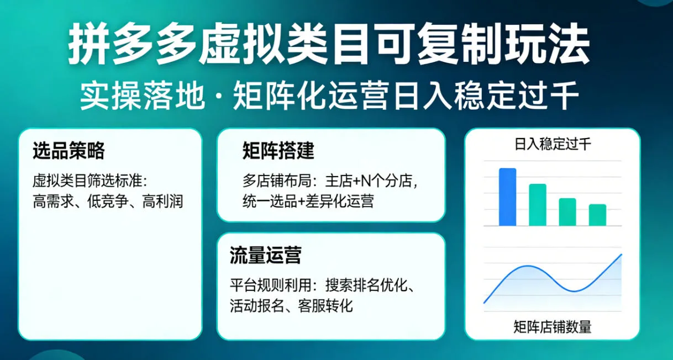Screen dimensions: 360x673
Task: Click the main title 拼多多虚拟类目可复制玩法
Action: click(x=329, y=45)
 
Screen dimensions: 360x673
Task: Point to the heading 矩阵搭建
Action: click(x=278, y=151)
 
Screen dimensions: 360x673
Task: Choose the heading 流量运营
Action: click(x=265, y=256)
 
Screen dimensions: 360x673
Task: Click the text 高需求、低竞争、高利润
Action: click(x=108, y=201)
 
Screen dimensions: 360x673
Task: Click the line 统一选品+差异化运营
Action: click(x=308, y=201)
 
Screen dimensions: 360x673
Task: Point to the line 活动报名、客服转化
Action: click(x=291, y=305)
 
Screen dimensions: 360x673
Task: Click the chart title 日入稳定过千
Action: click(x=553, y=145)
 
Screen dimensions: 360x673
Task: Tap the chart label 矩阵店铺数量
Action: click(x=553, y=327)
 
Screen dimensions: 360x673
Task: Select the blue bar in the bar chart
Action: click(x=507, y=197)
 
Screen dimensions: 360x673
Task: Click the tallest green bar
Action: click(x=537, y=205)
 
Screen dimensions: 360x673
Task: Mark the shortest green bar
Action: click(x=597, y=215)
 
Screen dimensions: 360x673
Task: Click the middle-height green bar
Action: click(x=567, y=212)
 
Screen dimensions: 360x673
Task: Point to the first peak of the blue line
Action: click(x=528, y=266)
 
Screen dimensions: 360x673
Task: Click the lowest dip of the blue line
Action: click(x=575, y=291)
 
